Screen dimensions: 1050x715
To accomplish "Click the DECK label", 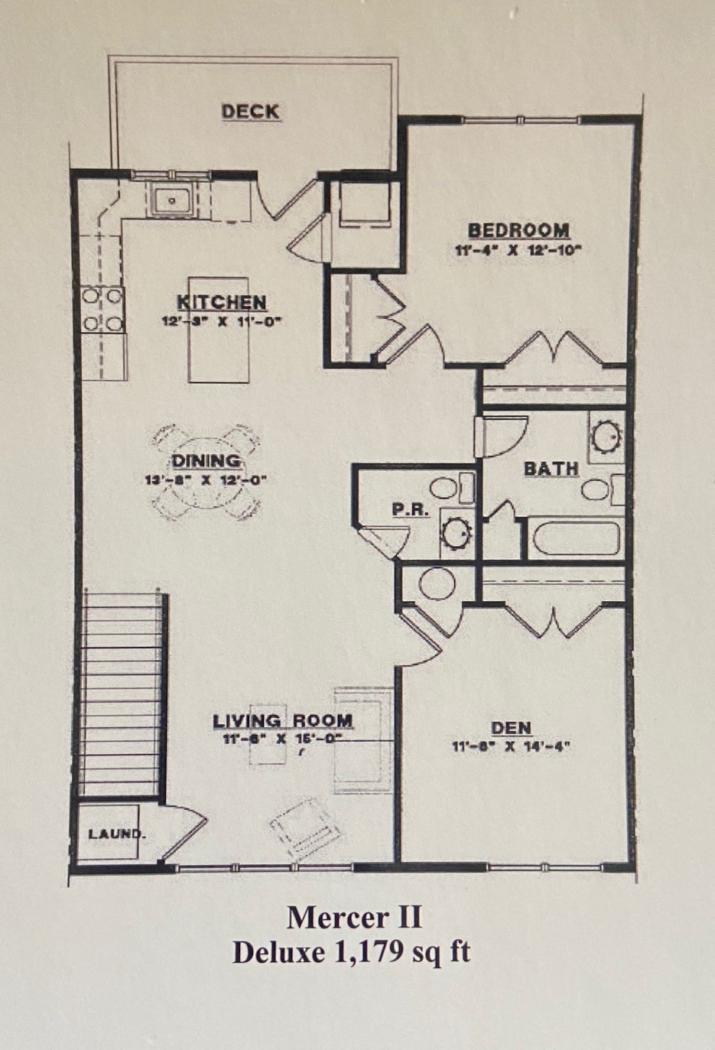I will point(250,112).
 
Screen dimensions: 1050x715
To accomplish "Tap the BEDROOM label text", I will point(518,230).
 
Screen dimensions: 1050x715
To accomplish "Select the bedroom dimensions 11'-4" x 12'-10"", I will point(518,249).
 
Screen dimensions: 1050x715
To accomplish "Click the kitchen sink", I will point(172,201).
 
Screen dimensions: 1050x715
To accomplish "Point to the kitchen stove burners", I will point(102,309).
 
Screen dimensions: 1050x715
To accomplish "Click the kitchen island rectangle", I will point(219,352).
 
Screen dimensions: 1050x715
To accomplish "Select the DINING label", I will point(206,461).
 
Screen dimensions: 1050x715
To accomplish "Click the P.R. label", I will point(410,509).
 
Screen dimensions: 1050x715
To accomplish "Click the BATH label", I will point(551,468).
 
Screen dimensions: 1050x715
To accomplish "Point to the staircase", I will point(122,692).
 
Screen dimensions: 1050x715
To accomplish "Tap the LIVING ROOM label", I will point(283,720).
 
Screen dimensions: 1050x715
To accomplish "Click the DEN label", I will point(512,728).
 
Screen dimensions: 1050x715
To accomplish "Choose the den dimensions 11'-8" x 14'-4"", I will point(512,746).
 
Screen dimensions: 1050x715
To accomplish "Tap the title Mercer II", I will point(354,916).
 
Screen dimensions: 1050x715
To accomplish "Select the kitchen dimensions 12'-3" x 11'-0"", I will point(222,321).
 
